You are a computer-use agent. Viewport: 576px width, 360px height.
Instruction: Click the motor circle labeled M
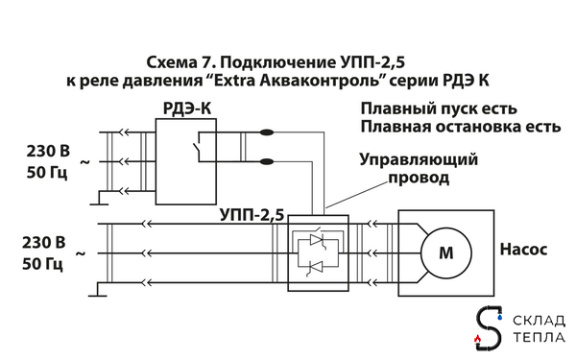[444, 253]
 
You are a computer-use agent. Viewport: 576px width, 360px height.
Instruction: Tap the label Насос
[522, 249]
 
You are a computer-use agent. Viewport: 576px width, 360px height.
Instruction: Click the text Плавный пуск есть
[440, 108]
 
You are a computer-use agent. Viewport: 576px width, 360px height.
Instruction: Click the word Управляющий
[419, 159]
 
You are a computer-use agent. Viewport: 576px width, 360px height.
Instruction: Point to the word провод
[419, 178]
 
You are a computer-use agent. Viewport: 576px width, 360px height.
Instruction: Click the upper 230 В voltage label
[45, 151]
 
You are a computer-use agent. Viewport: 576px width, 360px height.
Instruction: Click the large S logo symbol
[491, 328]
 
